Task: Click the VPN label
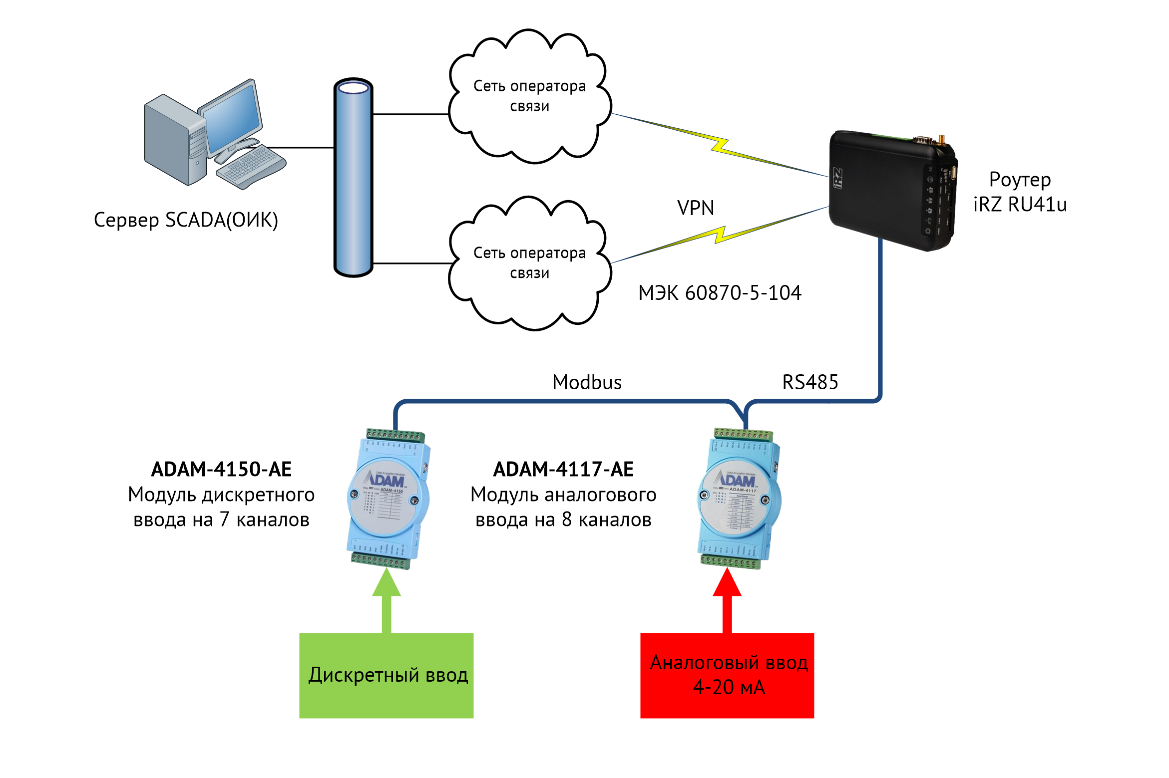pyautogui.click(x=695, y=208)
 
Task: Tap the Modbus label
pyautogui.click(x=587, y=382)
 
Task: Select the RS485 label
pyautogui.click(x=810, y=382)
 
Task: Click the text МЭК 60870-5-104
pyautogui.click(x=720, y=293)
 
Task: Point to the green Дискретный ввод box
pyautogui.click(x=386, y=675)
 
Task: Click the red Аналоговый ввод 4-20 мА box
pyautogui.click(x=727, y=675)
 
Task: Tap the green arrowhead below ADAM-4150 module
pyautogui.click(x=387, y=583)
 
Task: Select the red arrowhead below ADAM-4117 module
pyautogui.click(x=727, y=583)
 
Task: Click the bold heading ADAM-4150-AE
pyautogui.click(x=221, y=469)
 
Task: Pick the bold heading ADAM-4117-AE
pyautogui.click(x=563, y=469)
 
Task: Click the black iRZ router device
pyautogui.click(x=891, y=190)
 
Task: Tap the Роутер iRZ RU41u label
pyautogui.click(x=1020, y=192)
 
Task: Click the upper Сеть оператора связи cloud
pyautogui.click(x=529, y=97)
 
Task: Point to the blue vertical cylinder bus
pyautogui.click(x=354, y=177)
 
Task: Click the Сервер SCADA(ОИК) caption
pyautogui.click(x=186, y=220)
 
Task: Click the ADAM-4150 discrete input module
pyautogui.click(x=389, y=499)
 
